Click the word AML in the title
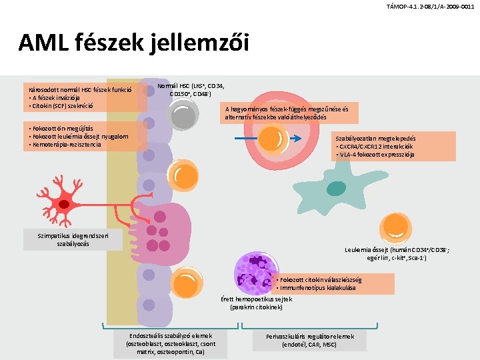43,42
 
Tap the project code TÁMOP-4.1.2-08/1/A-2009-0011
430,7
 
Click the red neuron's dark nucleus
64,204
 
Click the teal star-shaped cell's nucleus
336,189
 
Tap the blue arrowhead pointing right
296,139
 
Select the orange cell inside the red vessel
273,139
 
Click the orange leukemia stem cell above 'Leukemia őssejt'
395,229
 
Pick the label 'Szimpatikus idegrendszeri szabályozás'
73,240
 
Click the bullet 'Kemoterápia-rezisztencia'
65,145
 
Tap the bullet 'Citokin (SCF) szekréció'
61,106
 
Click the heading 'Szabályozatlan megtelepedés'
375,139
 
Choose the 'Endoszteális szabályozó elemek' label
171,336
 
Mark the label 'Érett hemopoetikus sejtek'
256,299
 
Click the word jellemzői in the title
199,43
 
